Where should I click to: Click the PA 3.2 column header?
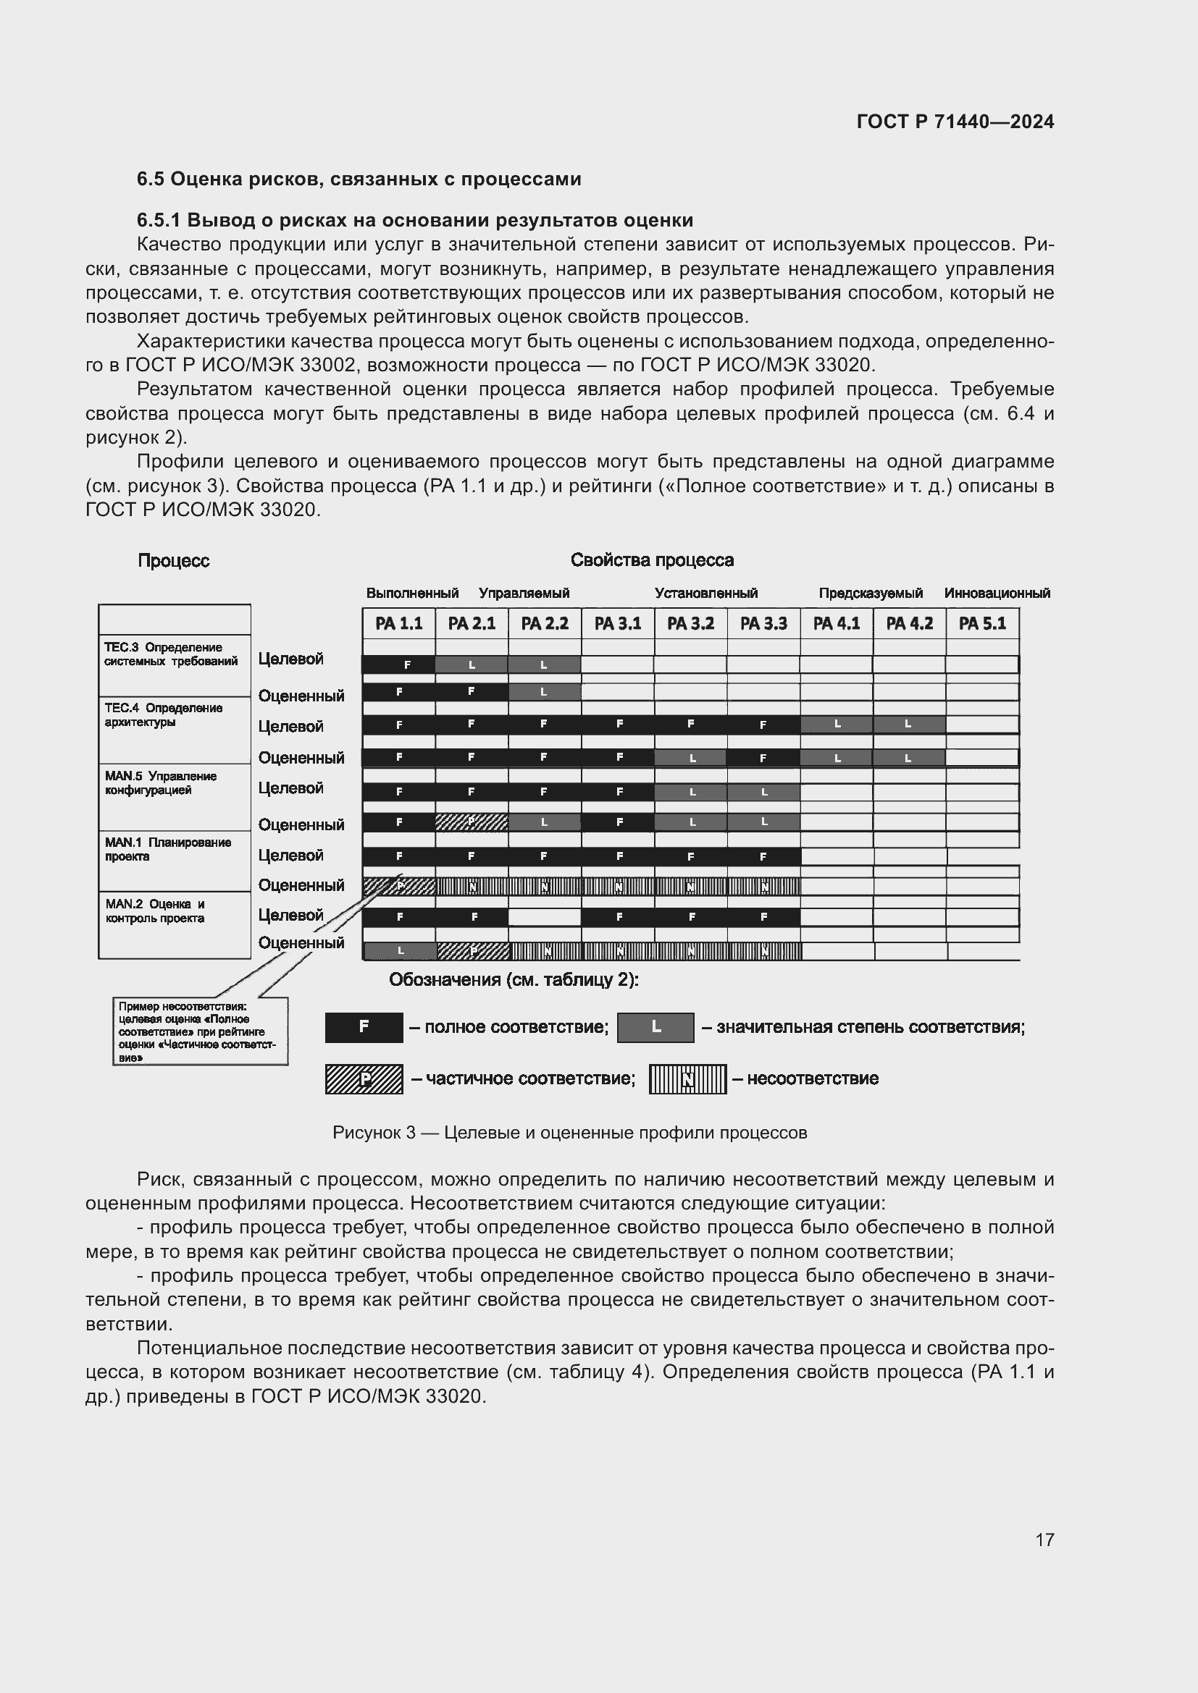click(690, 624)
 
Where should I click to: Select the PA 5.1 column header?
click(982, 624)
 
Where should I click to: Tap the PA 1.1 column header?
click(398, 624)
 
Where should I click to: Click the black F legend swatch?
click(364, 1027)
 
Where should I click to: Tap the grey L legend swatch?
click(655, 1027)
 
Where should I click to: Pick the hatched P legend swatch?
click(364, 1078)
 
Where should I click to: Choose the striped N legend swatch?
click(687, 1078)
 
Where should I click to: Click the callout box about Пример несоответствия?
click(200, 1031)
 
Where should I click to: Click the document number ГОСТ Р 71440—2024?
click(955, 122)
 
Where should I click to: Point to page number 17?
click(1044, 1540)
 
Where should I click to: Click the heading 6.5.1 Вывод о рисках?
click(414, 221)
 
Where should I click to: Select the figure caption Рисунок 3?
click(569, 1133)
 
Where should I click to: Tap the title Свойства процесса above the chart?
click(651, 560)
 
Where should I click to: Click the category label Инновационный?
click(997, 593)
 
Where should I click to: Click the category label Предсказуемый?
click(871, 593)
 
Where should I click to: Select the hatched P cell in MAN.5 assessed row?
click(472, 822)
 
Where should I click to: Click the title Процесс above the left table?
click(173, 561)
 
